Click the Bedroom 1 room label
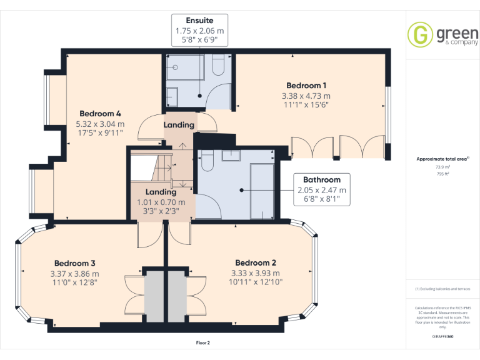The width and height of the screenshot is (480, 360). pyautogui.click(x=306, y=86)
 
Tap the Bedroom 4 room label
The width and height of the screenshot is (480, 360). pyautogui.click(x=100, y=114)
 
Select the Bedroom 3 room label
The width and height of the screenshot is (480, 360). pyautogui.click(x=74, y=263)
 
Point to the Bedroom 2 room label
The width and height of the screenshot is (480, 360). pyautogui.click(x=256, y=262)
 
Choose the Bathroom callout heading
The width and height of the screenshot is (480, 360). pyautogui.click(x=322, y=179)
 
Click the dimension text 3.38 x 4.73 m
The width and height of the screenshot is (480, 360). pyautogui.click(x=306, y=96)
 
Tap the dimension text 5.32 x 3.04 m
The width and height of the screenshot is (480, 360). pyautogui.click(x=100, y=124)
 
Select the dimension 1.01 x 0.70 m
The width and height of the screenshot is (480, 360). pyautogui.click(x=161, y=202)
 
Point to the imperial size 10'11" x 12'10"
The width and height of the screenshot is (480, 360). pyautogui.click(x=256, y=282)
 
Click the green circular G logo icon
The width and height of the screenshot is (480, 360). pyautogui.click(x=420, y=34)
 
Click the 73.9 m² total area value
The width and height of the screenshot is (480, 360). pyautogui.click(x=442, y=167)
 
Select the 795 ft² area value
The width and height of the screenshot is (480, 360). pyautogui.click(x=442, y=174)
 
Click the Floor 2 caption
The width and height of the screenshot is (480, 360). pyautogui.click(x=203, y=342)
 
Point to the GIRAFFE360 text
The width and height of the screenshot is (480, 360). pyautogui.click(x=442, y=336)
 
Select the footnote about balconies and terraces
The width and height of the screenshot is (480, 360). pyautogui.click(x=442, y=289)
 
